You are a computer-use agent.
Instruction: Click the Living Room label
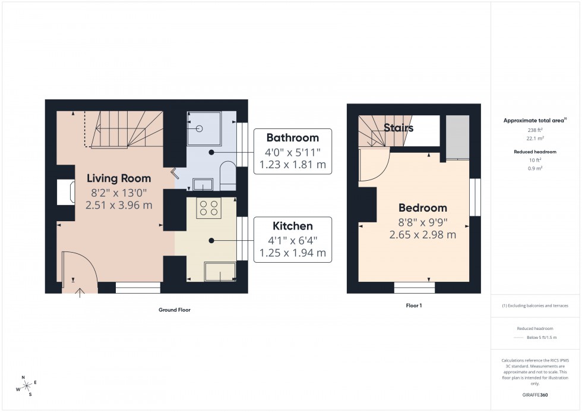(x=119, y=178)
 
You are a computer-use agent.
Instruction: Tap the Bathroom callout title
(x=292, y=138)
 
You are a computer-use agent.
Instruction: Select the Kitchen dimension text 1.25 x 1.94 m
(x=292, y=253)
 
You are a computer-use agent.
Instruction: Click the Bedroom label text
(x=422, y=208)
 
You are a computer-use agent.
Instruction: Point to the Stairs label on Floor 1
(x=398, y=128)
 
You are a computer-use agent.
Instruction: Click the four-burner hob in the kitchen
(x=208, y=208)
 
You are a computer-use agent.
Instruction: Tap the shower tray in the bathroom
(x=204, y=128)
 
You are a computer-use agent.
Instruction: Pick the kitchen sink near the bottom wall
(x=220, y=271)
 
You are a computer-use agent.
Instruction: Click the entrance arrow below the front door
(x=80, y=291)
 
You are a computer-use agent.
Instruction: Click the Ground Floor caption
(x=175, y=310)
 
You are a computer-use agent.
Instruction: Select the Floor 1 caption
(x=413, y=305)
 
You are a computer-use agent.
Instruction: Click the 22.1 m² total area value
(x=535, y=138)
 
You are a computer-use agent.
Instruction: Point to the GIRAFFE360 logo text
(x=535, y=394)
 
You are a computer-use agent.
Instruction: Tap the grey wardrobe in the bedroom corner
(x=457, y=137)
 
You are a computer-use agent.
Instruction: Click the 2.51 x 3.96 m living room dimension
(x=119, y=206)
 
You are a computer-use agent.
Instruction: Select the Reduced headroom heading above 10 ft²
(x=535, y=152)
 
